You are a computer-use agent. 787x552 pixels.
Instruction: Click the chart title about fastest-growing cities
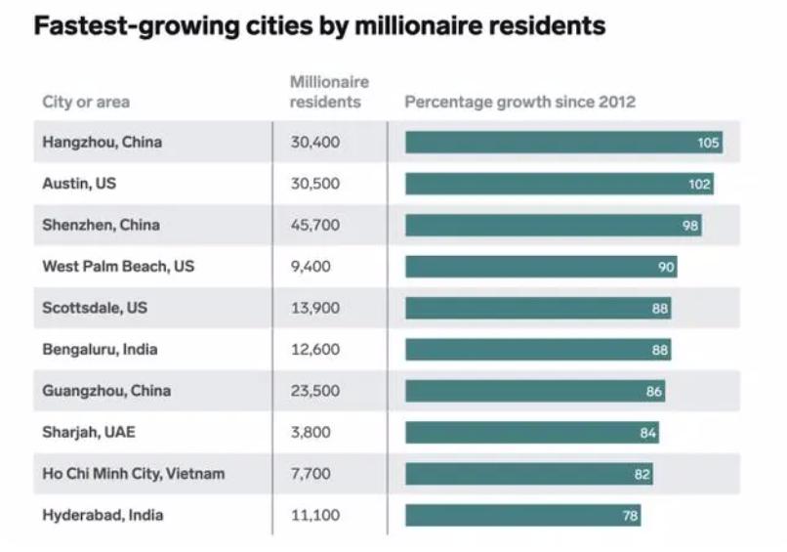coord(319,25)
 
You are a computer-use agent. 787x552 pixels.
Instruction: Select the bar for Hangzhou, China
coord(563,143)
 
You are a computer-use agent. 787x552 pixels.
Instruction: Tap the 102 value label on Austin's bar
coord(699,184)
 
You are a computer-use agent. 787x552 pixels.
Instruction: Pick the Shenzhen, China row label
coord(101,225)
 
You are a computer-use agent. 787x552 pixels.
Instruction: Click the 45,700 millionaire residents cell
coord(314,225)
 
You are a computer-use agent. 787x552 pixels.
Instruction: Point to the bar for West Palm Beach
coord(541,267)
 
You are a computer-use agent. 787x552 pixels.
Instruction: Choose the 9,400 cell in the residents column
coord(311,266)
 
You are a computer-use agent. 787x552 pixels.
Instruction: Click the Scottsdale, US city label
coord(95,308)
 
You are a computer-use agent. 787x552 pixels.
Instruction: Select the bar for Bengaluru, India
coord(538,350)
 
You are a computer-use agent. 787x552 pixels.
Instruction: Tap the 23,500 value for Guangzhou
coord(314,391)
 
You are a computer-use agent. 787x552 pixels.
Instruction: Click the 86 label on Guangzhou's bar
coord(653,392)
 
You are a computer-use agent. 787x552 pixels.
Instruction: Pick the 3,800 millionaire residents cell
coord(311,432)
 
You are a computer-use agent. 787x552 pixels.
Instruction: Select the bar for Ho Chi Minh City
coord(529,474)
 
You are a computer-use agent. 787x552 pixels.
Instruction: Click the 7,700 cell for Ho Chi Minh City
coord(311,474)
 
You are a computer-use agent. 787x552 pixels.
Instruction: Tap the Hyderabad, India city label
coord(103,515)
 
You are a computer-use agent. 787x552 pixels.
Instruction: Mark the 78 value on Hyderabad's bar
coord(630,516)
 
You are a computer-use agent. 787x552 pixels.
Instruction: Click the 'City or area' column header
coord(86,102)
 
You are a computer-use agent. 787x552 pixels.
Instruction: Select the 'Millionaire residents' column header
coord(329,92)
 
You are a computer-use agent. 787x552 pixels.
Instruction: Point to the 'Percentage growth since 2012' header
coord(519,102)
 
